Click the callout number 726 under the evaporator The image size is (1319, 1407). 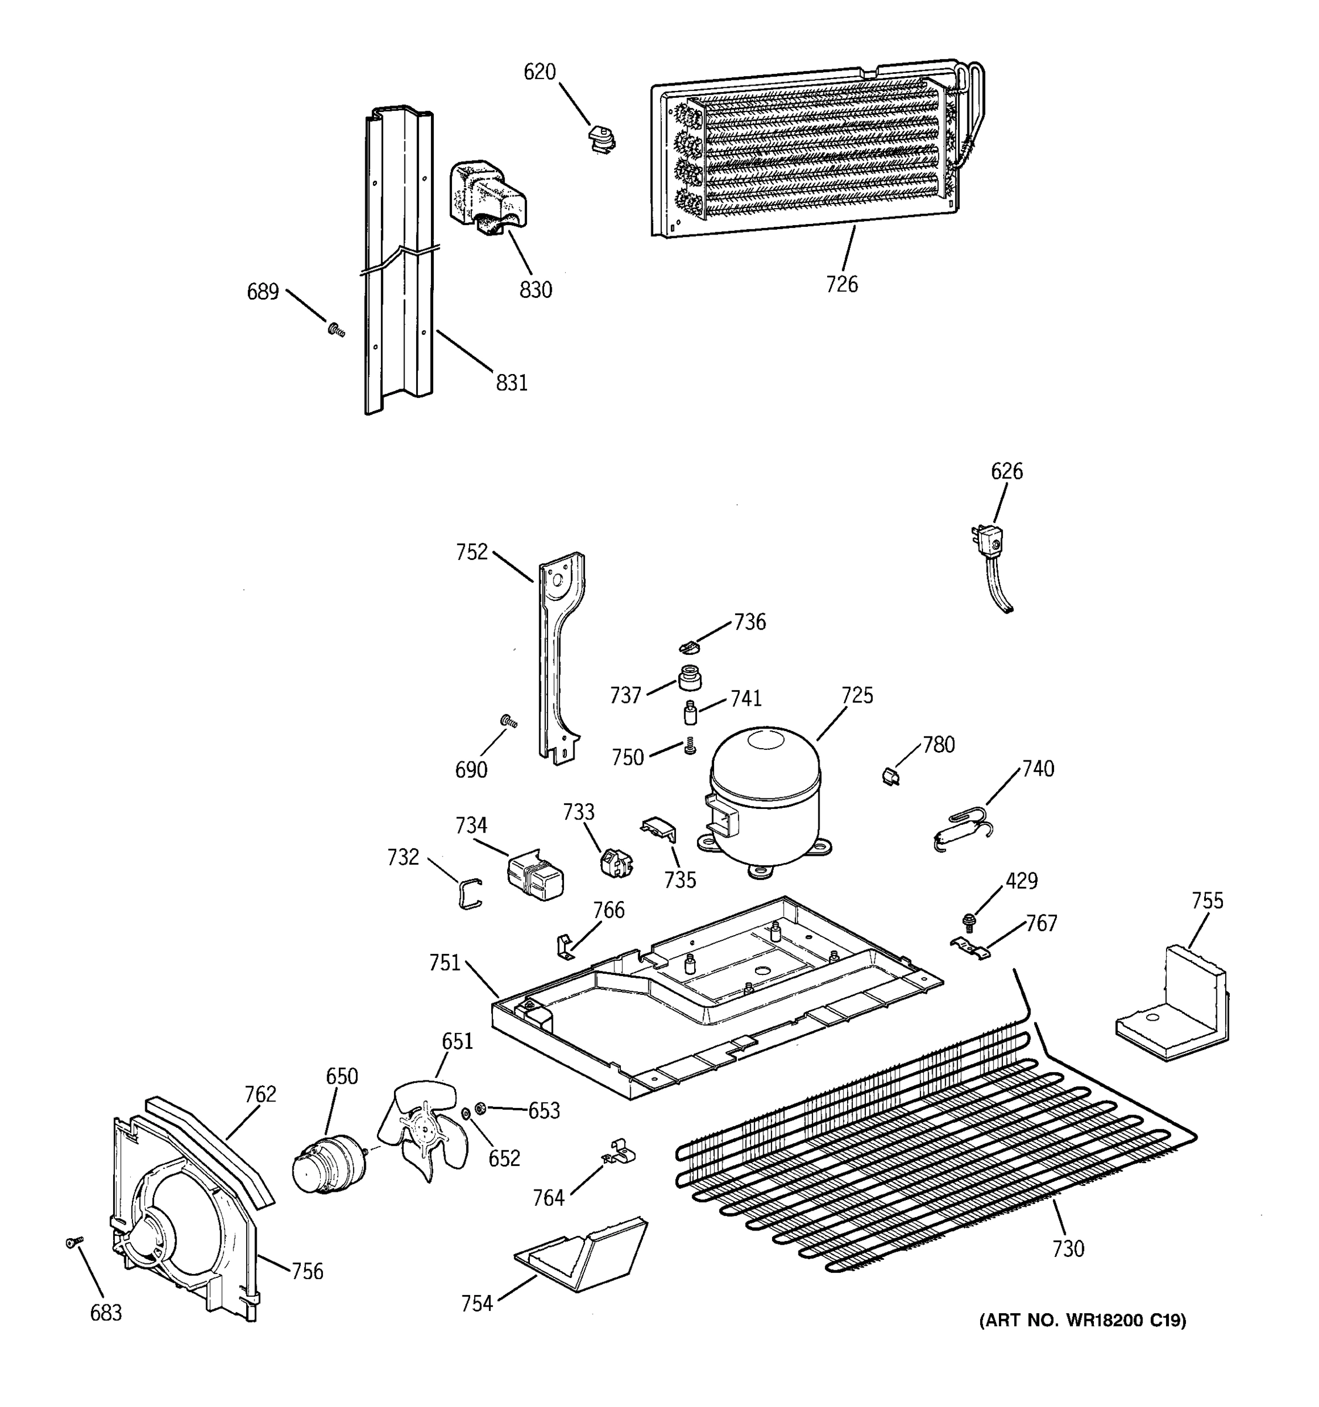pyautogui.click(x=841, y=284)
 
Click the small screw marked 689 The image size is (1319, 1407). pyautogui.click(x=336, y=329)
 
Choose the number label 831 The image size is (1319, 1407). pyautogui.click(x=512, y=382)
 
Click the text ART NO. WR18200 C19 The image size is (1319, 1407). pyautogui.click(x=1082, y=1319)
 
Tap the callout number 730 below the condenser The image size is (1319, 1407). pyautogui.click(x=1067, y=1249)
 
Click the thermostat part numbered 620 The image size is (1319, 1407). pyautogui.click(x=602, y=138)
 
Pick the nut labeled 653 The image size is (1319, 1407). pyautogui.click(x=479, y=1107)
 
